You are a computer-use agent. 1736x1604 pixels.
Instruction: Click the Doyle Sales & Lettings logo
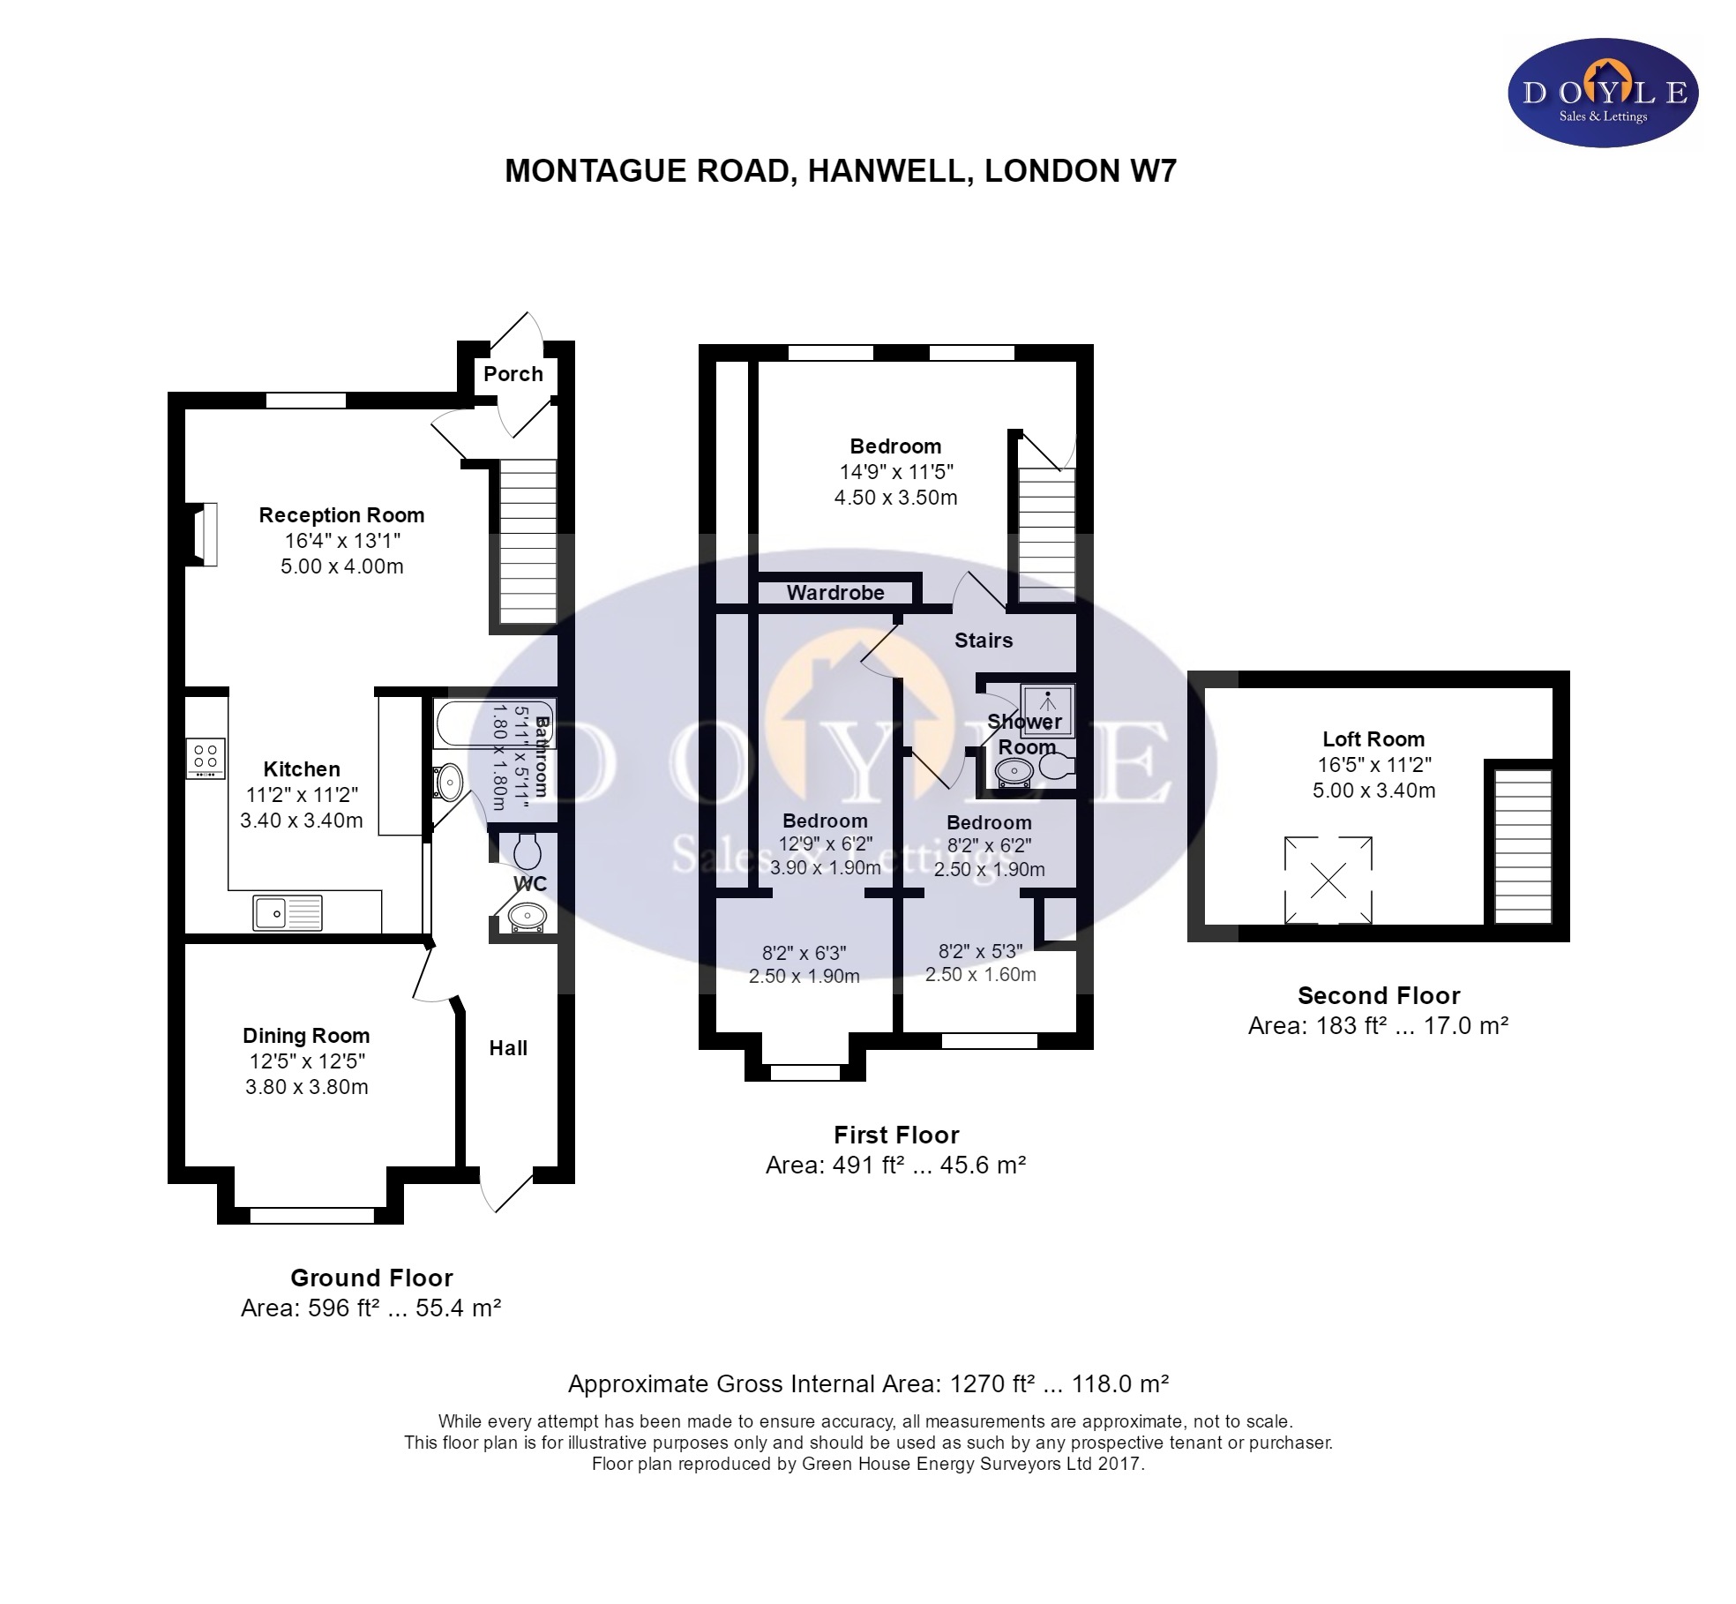pos(1603,93)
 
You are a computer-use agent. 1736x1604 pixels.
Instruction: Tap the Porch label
pos(513,373)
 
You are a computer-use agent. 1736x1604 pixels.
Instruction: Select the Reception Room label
pos(341,514)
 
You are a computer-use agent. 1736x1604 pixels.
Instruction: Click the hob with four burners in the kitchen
pos(206,758)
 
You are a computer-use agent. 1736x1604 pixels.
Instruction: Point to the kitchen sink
pos(288,912)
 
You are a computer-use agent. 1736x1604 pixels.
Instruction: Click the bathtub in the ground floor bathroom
pos(494,725)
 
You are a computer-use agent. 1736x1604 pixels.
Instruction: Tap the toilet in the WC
pos(528,851)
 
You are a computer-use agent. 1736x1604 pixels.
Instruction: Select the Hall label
pos(508,1048)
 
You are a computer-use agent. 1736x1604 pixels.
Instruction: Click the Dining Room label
pos(306,1035)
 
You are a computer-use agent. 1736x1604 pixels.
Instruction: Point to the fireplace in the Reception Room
pos(202,534)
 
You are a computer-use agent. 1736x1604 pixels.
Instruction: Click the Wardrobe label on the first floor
pos(835,593)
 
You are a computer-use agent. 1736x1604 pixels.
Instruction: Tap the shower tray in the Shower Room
pos(1048,709)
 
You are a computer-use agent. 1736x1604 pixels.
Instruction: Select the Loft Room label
pos(1373,739)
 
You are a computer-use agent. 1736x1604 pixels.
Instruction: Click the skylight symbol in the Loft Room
pos(1328,880)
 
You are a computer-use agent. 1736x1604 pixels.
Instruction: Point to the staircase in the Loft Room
pos(1522,846)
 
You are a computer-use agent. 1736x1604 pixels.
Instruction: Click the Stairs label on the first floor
pos(984,641)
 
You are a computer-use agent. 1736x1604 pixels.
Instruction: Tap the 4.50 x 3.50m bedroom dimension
pos(895,498)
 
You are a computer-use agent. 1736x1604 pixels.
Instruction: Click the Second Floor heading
pos(1379,996)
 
